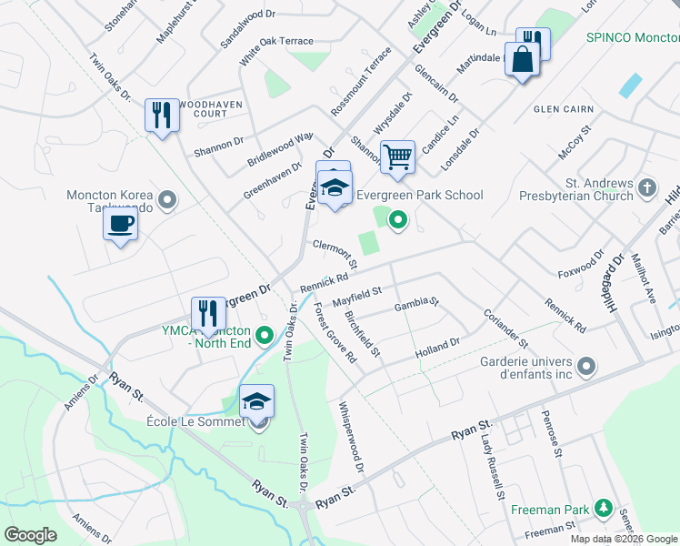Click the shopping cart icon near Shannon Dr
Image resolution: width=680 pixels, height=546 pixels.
(397, 157)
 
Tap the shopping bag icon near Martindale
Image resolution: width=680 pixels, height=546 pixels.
(522, 62)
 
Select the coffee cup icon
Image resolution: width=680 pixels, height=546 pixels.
(120, 223)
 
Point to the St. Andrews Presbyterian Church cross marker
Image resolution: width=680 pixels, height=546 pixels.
(646, 187)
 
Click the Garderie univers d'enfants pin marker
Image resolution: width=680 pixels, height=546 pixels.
(586, 367)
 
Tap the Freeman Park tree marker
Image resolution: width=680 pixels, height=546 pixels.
(601, 508)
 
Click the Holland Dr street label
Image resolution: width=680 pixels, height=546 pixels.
(438, 348)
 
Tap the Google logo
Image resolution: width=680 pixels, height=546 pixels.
(30, 535)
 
